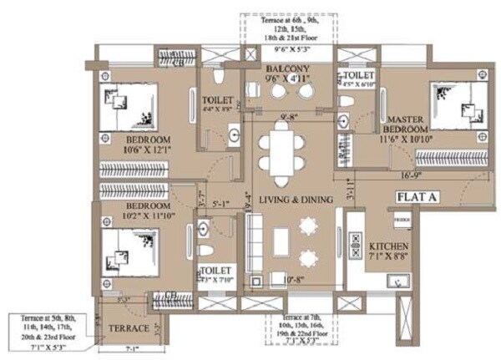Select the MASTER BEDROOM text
(x=407, y=125)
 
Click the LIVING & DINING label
(x=296, y=200)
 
